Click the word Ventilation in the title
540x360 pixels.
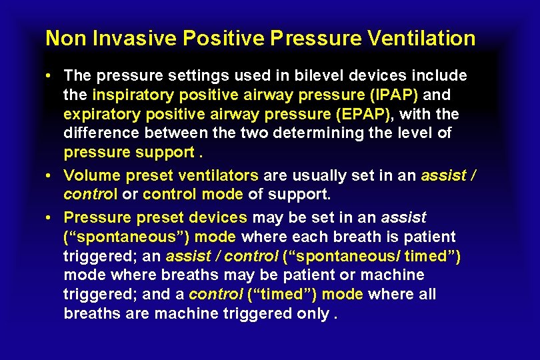click(x=421, y=39)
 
